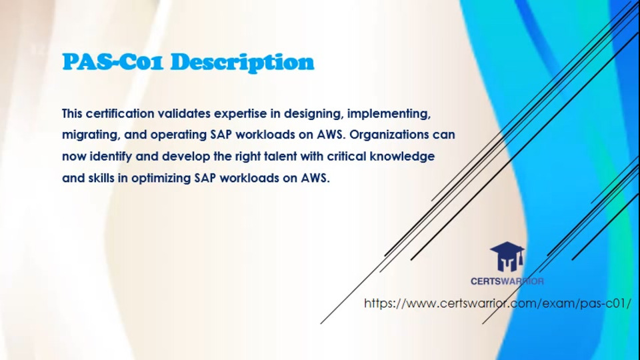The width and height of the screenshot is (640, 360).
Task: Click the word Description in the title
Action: pyautogui.click(x=242, y=63)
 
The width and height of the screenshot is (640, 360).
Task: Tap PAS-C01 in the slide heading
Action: pyautogui.click(x=113, y=61)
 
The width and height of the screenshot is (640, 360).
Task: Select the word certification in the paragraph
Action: pyautogui.click(x=120, y=113)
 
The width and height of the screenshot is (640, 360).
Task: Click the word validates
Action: pyautogui.click(x=184, y=113)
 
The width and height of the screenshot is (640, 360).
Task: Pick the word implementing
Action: pyautogui.click(x=389, y=114)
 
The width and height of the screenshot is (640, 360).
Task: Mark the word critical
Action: pyautogui.click(x=347, y=156)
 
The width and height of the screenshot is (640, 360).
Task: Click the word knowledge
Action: pyautogui.click(x=402, y=157)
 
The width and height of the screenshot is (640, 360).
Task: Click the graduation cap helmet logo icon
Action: pyautogui.click(x=507, y=257)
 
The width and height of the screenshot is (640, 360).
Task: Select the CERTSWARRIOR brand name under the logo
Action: pyautogui.click(x=507, y=281)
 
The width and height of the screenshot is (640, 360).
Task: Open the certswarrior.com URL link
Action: pyautogui.click(x=497, y=303)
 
